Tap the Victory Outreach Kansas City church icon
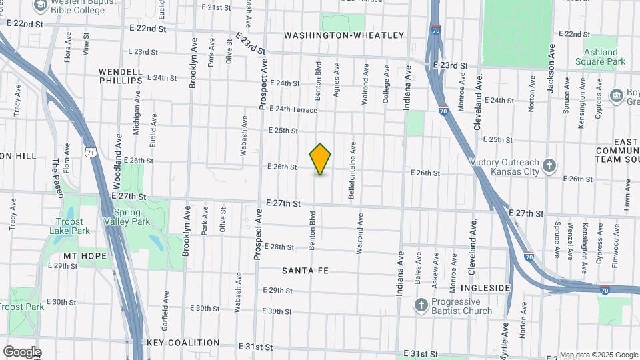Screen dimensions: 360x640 (549, 165)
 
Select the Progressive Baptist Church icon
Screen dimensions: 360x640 (421, 305)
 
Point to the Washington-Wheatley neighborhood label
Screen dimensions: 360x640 (343, 35)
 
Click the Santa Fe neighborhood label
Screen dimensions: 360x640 (305, 271)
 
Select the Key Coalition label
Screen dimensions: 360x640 (183, 343)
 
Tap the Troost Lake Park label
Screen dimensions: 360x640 (65, 226)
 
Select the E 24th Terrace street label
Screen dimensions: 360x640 (293, 109)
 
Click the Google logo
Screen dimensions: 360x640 (22, 351)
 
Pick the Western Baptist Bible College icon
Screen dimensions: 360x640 (41, 5)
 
